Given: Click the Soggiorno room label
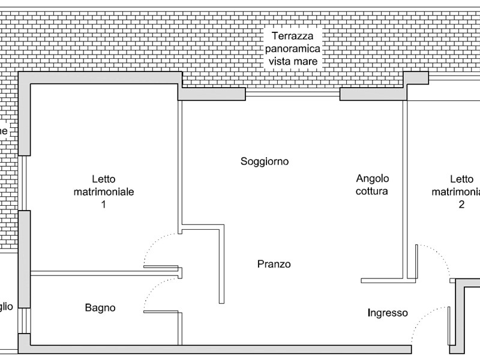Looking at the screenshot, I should click(x=265, y=161).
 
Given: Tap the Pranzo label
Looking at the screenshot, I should click(x=274, y=264).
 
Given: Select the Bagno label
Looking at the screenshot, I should click(x=100, y=308).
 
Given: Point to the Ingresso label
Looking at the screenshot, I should click(x=388, y=313).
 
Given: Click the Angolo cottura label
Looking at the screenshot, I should click(x=372, y=185).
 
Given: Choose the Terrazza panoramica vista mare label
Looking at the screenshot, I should click(x=293, y=49).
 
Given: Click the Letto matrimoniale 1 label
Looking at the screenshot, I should click(x=103, y=191).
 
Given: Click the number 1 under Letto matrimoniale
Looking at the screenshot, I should click(x=103, y=205).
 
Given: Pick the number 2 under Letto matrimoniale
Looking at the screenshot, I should click(x=461, y=205).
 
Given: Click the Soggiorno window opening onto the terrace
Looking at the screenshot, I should click(x=292, y=94).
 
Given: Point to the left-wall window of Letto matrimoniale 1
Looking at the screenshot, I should click(x=23, y=183).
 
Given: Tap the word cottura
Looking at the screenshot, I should click(x=372, y=191).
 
